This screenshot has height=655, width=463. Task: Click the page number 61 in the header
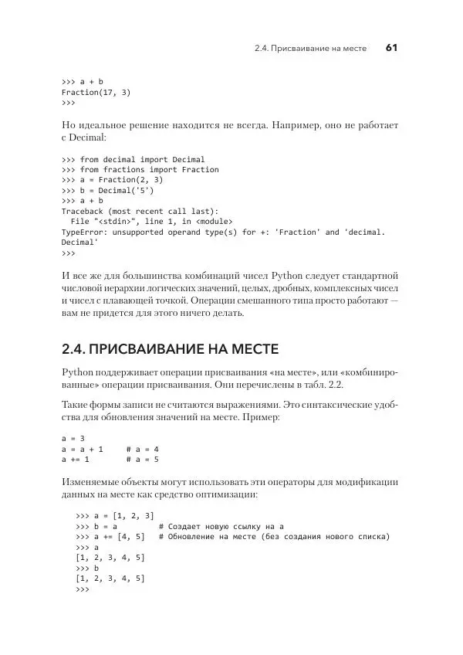click(391, 49)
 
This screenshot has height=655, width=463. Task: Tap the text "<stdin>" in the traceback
click(112, 221)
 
